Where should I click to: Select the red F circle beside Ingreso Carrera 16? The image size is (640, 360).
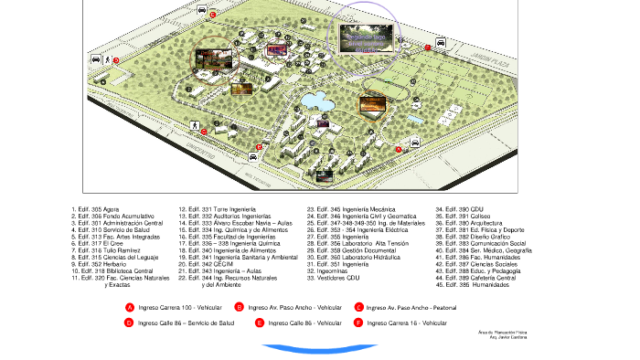tap(358, 323)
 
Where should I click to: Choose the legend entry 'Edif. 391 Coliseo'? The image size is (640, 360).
tap(465, 216)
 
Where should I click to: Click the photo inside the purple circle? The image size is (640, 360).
tap(370, 39)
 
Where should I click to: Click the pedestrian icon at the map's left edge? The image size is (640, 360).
tap(107, 59)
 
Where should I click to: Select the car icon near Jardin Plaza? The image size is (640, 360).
tap(441, 42)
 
